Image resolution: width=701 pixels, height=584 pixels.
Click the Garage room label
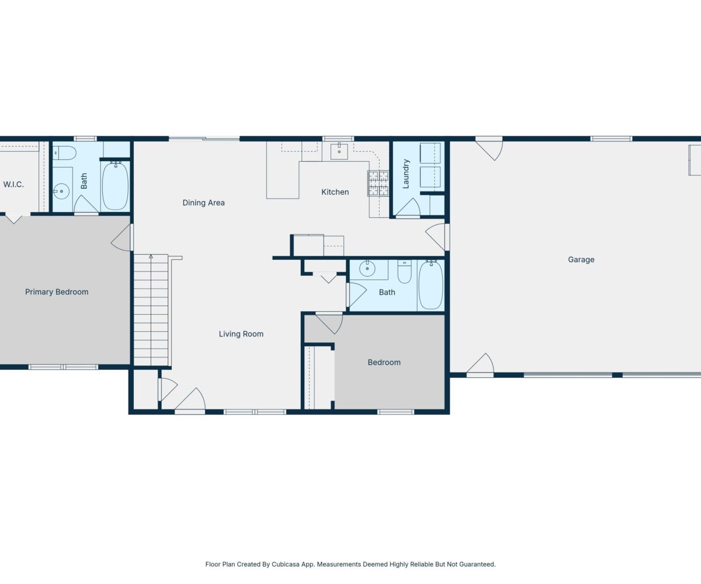(x=581, y=260)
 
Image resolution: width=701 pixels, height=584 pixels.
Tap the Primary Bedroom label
(x=57, y=292)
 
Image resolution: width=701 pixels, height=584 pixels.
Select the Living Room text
(x=241, y=334)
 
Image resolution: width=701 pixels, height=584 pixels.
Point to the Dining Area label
(x=203, y=203)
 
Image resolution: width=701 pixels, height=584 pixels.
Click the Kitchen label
(x=335, y=192)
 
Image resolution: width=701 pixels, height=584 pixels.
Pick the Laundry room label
(x=406, y=174)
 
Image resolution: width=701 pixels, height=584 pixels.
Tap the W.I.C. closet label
(x=13, y=185)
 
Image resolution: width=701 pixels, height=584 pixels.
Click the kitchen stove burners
(x=379, y=183)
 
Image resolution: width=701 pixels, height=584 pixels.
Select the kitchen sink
(x=339, y=151)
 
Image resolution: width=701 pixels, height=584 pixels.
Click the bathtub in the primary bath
(x=115, y=186)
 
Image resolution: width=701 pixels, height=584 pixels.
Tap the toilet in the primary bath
(x=65, y=153)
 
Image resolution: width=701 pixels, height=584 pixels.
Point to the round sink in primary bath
(x=61, y=192)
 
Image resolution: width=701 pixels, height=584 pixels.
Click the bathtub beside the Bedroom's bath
(x=431, y=285)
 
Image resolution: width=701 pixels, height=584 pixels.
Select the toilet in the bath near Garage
(x=405, y=272)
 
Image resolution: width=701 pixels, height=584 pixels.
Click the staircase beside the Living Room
(x=151, y=310)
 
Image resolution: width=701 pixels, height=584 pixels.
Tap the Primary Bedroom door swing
(x=122, y=237)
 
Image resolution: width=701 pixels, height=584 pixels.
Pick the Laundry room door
(x=408, y=208)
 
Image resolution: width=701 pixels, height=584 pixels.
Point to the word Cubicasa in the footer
(x=286, y=564)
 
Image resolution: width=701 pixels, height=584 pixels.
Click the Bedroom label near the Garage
(x=384, y=363)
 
